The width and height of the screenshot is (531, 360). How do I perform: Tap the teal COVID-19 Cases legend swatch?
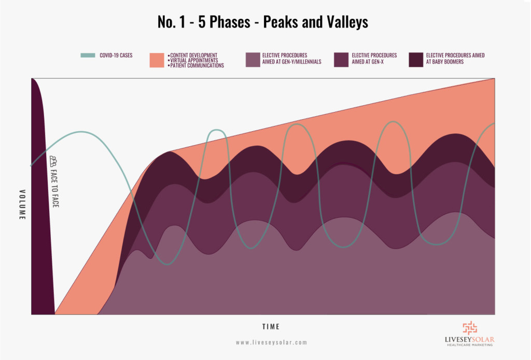pos(88,55)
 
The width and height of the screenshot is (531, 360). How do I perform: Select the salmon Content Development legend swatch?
pos(157,60)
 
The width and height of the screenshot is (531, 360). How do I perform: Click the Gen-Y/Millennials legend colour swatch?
pos(253,60)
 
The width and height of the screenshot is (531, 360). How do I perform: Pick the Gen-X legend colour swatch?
pos(341,60)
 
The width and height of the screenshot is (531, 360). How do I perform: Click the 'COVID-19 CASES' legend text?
pos(116,55)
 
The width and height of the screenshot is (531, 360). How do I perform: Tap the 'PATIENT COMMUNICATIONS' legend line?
pos(198,66)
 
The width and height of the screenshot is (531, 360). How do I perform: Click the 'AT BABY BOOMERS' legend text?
pos(445,61)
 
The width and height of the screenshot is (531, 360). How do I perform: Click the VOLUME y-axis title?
pos(22,204)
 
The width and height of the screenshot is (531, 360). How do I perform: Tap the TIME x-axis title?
pos(271,327)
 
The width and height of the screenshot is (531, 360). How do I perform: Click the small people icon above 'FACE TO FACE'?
pos(52,160)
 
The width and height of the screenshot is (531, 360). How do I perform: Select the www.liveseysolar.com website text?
pos(271,342)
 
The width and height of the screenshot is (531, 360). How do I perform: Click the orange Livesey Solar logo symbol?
pos(469,328)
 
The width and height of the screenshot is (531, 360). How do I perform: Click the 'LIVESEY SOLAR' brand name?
pos(469,340)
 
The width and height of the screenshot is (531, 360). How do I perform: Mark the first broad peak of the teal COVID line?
pos(81,132)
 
